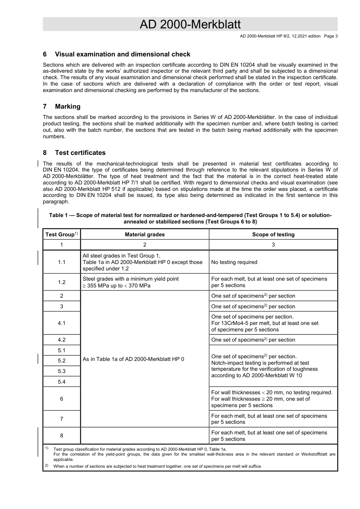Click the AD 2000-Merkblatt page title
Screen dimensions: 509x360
click(190, 24)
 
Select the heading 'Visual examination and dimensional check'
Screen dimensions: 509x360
click(122, 54)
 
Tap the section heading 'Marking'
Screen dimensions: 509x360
click(67, 106)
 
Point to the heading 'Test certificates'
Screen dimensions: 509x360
click(80, 153)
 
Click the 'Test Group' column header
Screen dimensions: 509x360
click(61, 234)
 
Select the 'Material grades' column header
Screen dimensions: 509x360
click(145, 234)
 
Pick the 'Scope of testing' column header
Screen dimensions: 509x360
click(273, 234)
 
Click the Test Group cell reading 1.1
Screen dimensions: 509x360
click(61, 262)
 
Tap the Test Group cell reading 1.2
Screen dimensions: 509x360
click(61, 282)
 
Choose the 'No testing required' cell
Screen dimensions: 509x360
click(234, 262)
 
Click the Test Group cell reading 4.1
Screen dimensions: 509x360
click(61, 323)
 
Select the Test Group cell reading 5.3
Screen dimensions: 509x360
click(61, 371)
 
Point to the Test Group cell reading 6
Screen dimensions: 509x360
click(61, 399)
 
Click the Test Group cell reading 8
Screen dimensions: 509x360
click(61, 436)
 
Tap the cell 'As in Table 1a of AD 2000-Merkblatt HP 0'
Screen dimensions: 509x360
click(133, 359)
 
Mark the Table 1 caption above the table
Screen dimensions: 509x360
click(190, 218)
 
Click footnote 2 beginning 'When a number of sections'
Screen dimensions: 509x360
click(157, 466)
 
